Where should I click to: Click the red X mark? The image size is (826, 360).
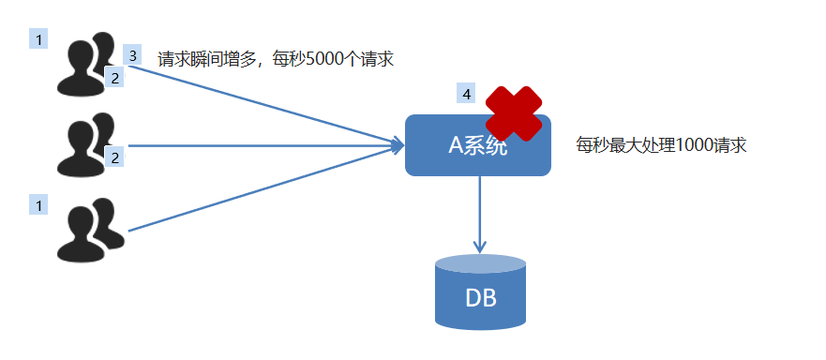pyautogui.click(x=514, y=112)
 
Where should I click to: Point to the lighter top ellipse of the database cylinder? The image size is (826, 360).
pyautogui.click(x=480, y=263)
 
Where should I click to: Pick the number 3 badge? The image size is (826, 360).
pyautogui.click(x=132, y=55)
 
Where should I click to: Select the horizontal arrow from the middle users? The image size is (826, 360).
pyautogui.click(x=263, y=145)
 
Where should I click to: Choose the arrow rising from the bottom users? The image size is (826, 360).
pyautogui.click(x=263, y=187)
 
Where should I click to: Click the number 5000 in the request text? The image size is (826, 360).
pyautogui.click(x=327, y=59)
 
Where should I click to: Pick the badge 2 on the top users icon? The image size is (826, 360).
pyautogui.click(x=115, y=78)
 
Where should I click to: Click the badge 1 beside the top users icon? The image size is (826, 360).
pyautogui.click(x=38, y=39)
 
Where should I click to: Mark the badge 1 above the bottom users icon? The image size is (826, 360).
pyautogui.click(x=38, y=203)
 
